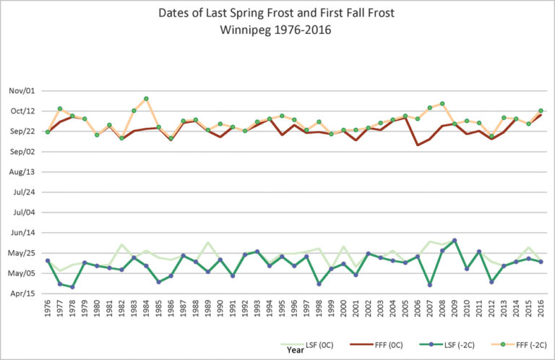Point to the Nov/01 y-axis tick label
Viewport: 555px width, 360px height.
coord(21,90)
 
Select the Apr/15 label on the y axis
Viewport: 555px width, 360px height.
coord(21,293)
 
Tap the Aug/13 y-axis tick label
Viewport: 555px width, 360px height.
coord(21,172)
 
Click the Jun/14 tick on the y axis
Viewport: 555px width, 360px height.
coord(21,233)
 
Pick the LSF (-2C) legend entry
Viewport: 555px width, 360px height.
coord(450,347)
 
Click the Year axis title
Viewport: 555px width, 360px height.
coord(295,350)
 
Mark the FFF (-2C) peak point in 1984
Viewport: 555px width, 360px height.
coord(146,98)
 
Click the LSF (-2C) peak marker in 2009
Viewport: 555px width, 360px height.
coord(454,241)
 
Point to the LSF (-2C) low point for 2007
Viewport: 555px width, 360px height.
coord(429,285)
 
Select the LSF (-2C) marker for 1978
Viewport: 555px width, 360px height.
coord(72,287)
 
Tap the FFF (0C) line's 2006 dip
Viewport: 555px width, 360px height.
coord(417,145)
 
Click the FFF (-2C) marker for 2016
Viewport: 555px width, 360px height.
coord(540,111)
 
